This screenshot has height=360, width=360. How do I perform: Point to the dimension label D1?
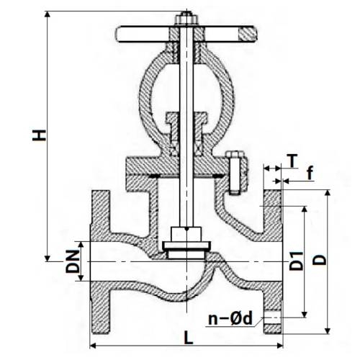point(296,262)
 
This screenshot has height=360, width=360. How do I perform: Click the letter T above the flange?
point(291,158)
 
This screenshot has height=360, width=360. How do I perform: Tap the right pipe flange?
point(273,263)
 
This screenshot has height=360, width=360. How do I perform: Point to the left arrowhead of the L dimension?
point(92,346)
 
